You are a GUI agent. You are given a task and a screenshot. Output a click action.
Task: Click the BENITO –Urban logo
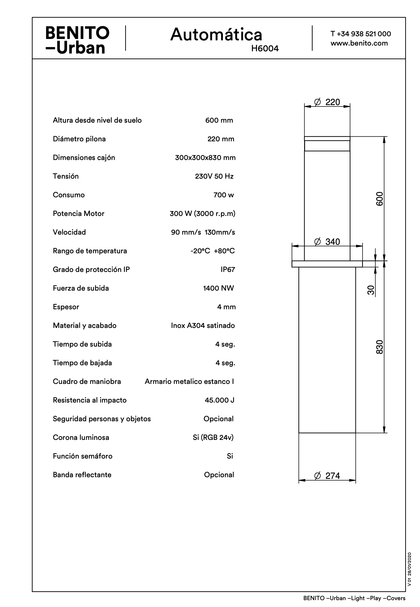click(x=77, y=40)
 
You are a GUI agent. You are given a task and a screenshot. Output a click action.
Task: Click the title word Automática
click(x=216, y=35)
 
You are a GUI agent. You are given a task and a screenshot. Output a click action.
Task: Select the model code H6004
click(x=265, y=49)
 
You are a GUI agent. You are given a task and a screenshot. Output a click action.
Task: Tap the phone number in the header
click(x=361, y=34)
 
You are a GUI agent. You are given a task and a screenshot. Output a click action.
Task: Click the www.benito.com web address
click(x=359, y=43)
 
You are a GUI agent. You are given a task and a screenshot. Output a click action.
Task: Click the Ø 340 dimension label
click(x=327, y=242)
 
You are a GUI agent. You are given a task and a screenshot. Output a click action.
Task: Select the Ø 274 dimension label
click(x=327, y=476)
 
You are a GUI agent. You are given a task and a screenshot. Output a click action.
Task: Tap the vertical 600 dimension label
click(x=379, y=199)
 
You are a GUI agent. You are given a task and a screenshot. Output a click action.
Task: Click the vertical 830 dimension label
click(x=379, y=347)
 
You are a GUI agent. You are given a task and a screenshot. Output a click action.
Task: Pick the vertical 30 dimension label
click(x=371, y=290)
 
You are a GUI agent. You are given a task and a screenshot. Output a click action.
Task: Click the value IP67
click(x=228, y=269)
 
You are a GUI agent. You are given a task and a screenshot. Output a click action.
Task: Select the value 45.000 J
click(x=219, y=400)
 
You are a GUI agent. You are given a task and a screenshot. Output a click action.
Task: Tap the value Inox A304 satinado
click(x=203, y=325)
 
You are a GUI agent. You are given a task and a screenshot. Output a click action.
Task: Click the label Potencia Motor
click(x=79, y=213)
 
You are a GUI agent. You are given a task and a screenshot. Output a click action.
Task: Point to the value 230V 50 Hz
click(x=214, y=176)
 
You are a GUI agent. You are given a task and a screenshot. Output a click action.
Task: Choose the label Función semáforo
click(x=83, y=456)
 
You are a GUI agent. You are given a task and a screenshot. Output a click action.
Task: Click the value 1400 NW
click(x=219, y=288)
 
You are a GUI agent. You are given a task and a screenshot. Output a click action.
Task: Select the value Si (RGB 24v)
click(x=213, y=437)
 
